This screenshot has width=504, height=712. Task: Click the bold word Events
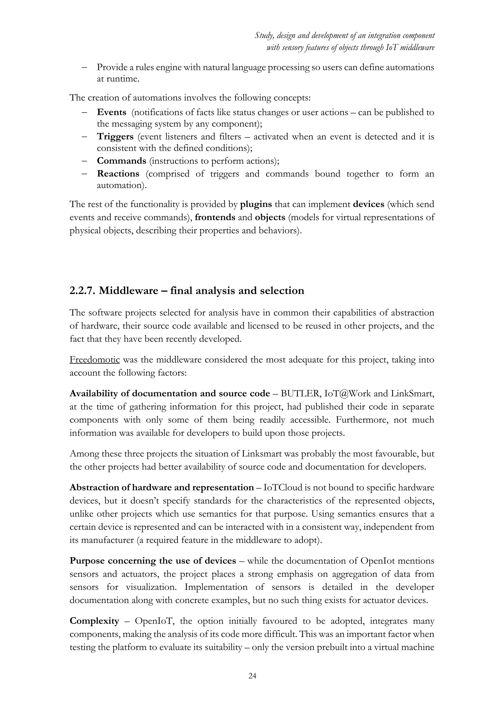click(x=111, y=112)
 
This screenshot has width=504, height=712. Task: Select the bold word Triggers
click(x=115, y=136)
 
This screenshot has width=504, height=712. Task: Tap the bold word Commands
click(x=121, y=161)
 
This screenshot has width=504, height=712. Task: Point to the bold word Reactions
click(x=118, y=174)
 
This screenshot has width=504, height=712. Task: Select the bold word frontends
click(x=215, y=217)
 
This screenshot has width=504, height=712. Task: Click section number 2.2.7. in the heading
click(x=82, y=291)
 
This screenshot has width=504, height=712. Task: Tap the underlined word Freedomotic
click(x=95, y=360)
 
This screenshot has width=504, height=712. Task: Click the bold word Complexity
click(x=94, y=621)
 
